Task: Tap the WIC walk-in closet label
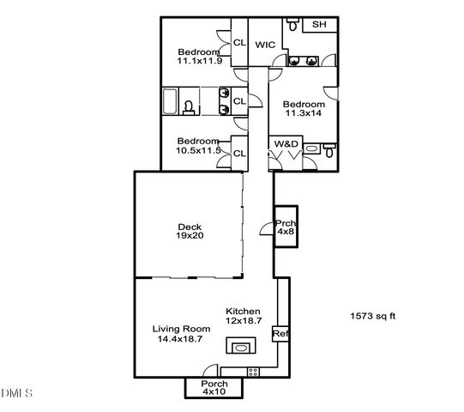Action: coord(265,44)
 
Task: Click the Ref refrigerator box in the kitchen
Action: coord(279,333)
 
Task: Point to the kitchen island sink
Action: coord(238,347)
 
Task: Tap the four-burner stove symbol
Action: coord(253,371)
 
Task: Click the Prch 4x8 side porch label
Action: coord(285,226)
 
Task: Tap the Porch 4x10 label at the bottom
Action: coord(214,387)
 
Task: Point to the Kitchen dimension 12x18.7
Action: coord(243,319)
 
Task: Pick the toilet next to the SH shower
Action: coord(294,26)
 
